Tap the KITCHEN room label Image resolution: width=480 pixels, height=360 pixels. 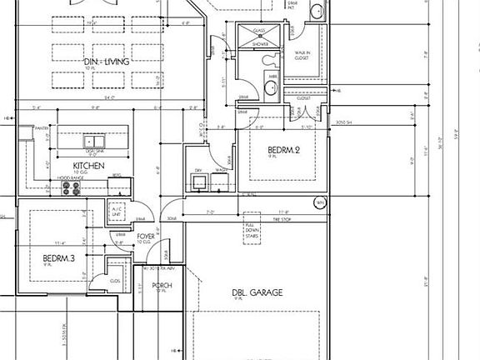pos(87,167)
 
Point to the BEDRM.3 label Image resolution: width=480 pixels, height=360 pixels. pos(59,259)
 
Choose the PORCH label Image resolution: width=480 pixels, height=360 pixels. pos(162,286)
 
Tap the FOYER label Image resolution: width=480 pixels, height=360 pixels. pos(147,237)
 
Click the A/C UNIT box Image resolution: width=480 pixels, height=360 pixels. pos(117,212)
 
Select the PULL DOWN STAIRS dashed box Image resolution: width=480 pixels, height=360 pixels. pos(253,230)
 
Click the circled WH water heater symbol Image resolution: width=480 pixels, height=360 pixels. pos(318,202)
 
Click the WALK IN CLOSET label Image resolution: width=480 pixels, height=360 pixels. pos(302,55)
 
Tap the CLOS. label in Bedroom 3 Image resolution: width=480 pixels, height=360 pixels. pos(114,281)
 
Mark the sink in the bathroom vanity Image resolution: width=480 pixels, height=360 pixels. pos(271,86)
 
